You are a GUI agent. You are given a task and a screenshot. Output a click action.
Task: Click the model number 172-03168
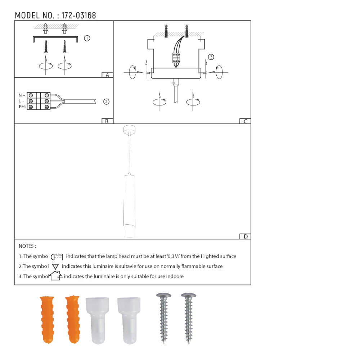coord(79,15)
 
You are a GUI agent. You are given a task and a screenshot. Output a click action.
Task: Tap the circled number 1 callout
coord(87,38)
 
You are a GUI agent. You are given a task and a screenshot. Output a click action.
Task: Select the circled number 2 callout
coord(106,102)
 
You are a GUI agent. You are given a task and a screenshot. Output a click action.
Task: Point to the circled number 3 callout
coord(211,57)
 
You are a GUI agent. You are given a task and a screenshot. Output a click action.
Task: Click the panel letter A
coord(107,75)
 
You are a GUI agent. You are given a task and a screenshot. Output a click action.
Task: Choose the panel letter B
coord(107,121)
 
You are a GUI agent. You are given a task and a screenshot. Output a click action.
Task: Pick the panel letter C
coord(245,121)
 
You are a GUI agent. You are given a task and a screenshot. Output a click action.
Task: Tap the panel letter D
coord(246,237)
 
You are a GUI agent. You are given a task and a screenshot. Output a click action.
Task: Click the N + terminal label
coord(22,95)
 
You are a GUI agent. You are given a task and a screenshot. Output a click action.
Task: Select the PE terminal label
coord(22,107)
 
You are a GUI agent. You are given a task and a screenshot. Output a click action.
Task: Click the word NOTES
coord(27,246)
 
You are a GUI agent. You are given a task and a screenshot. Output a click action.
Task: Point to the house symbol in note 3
coord(55,276)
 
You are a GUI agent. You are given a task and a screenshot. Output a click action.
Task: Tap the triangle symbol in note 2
coord(55,266)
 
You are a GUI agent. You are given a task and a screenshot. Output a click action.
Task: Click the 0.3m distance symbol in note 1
coord(57,256)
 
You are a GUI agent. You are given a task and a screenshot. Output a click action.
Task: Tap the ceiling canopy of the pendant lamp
coord(128,130)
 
